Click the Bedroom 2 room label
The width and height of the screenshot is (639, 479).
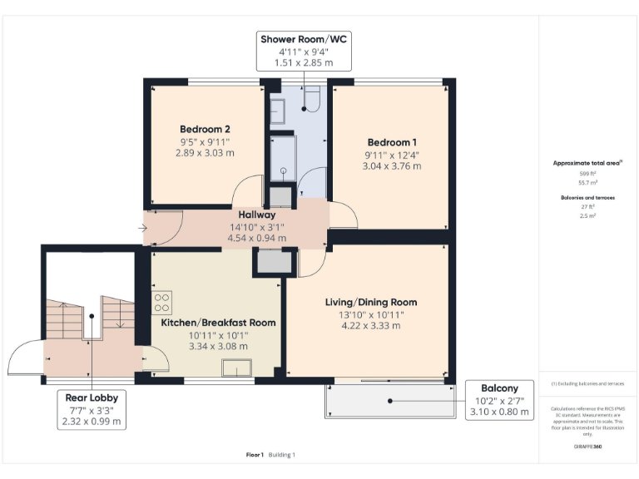click(205, 129)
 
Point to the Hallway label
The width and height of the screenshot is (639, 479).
click(257, 214)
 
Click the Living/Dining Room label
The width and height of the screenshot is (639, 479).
click(371, 302)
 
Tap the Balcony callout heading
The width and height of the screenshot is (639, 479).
click(499, 388)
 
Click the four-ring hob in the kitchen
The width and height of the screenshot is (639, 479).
click(162, 300)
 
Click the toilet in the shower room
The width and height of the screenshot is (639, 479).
click(312, 101)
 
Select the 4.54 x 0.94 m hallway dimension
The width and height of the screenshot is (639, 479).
click(257, 238)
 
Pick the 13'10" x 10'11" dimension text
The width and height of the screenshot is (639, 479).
click(371, 314)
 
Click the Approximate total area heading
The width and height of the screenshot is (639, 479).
click(582, 163)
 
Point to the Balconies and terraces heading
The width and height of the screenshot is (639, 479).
click(582, 197)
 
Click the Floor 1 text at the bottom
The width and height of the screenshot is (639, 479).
click(255, 455)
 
